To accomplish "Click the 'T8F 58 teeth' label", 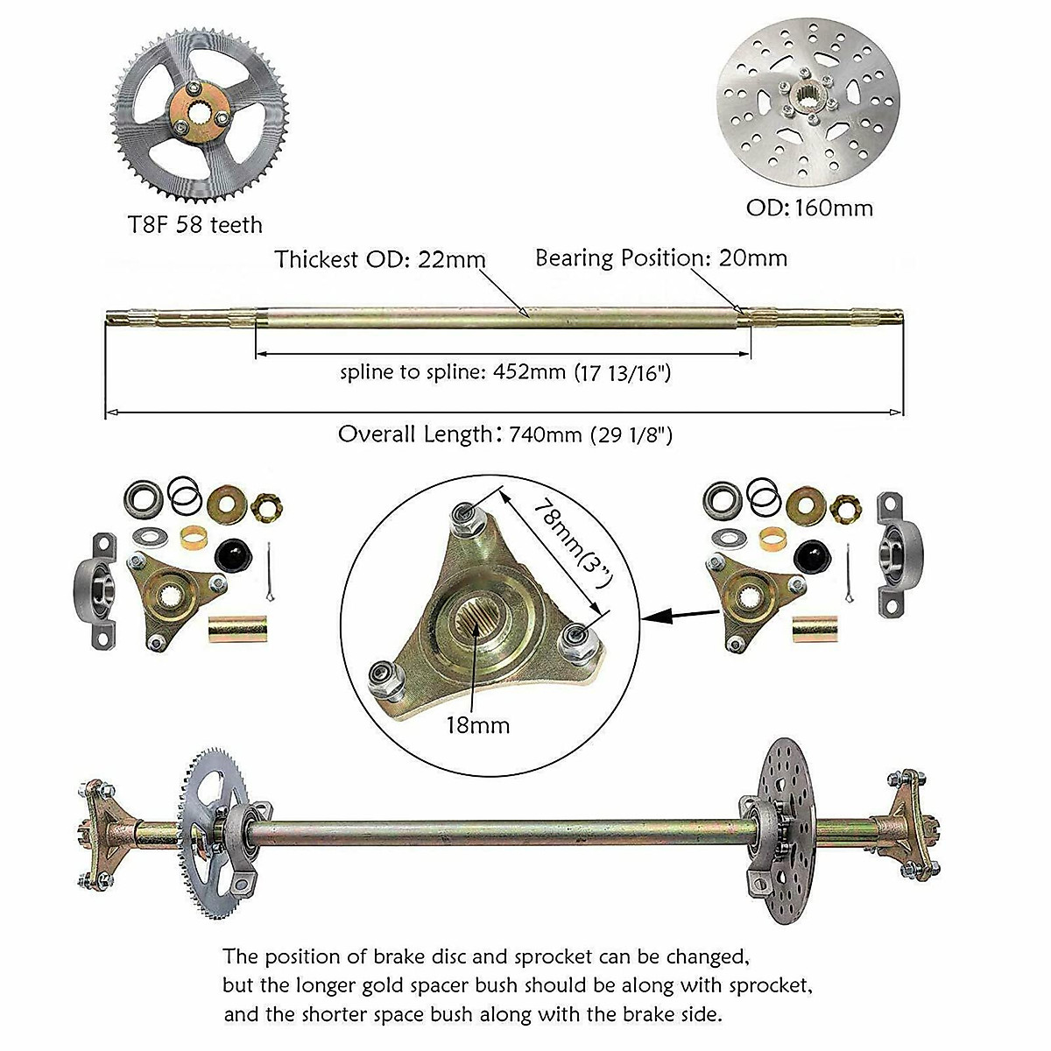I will click(193, 225).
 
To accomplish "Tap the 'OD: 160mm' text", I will click(808, 208).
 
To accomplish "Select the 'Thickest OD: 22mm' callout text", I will click(380, 259).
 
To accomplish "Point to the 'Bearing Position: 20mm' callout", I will click(661, 257).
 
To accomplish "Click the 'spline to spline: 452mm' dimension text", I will click(505, 372).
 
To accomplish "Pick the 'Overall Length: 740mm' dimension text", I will click(505, 434).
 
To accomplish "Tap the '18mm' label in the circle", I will click(476, 725).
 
